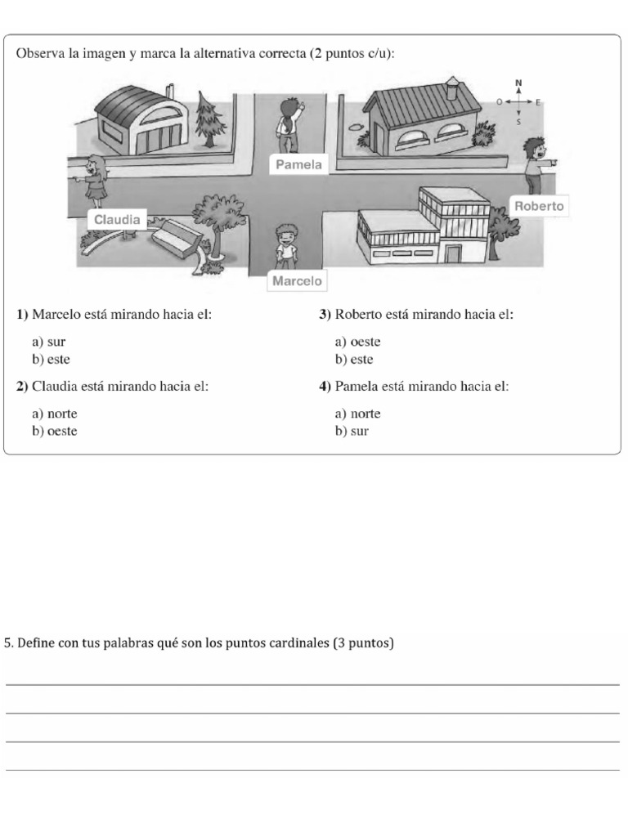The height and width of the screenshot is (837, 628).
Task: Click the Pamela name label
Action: pyautogui.click(x=298, y=164)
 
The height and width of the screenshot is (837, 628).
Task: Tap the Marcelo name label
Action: pyautogui.click(x=297, y=281)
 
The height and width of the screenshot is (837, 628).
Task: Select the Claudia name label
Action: pyautogui.click(x=117, y=219)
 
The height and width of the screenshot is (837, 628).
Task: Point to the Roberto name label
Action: pyautogui.click(x=539, y=206)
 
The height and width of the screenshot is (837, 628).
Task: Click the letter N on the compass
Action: pyautogui.click(x=518, y=83)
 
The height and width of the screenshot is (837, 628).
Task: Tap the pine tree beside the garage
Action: pyautogui.click(x=209, y=119)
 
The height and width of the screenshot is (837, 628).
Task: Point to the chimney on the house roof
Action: pyautogui.click(x=451, y=87)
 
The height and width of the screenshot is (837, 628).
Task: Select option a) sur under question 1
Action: pyautogui.click(x=48, y=342)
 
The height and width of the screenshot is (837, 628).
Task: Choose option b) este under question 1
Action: pyautogui.click(x=51, y=360)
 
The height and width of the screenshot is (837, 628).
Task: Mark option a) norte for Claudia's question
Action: pyautogui.click(x=55, y=414)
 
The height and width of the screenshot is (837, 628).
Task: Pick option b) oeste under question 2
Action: pyautogui.click(x=55, y=432)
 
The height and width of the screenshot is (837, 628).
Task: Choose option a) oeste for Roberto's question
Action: pyautogui.click(x=358, y=342)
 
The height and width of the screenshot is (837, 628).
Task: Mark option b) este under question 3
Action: pyautogui.click(x=354, y=360)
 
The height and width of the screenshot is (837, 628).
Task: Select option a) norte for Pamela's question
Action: pyautogui.click(x=358, y=414)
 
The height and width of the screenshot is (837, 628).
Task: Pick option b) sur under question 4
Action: pyautogui.click(x=352, y=432)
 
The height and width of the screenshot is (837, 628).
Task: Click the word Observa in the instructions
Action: pyautogui.click(x=41, y=54)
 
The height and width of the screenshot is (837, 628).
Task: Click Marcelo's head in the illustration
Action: pyautogui.click(x=286, y=234)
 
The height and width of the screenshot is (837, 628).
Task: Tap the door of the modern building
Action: pyautogui.click(x=453, y=253)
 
